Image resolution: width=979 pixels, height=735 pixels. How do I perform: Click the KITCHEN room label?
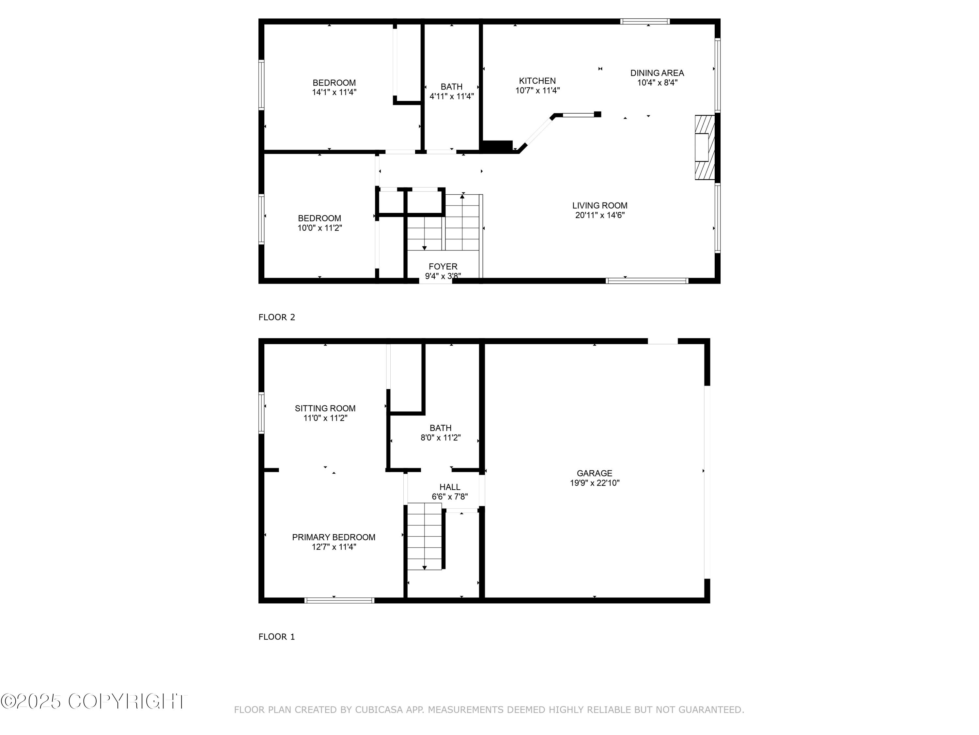(537, 81)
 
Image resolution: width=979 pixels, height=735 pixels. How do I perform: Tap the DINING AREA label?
(657, 73)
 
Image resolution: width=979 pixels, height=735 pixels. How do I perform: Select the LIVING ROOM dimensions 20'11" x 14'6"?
(600, 215)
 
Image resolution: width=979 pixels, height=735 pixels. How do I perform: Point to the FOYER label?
(443, 266)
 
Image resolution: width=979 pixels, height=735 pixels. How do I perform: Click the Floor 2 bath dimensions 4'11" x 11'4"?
(451, 96)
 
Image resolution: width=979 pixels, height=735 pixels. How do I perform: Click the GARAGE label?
(594, 473)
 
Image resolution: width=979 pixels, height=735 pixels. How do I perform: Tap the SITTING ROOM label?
(325, 408)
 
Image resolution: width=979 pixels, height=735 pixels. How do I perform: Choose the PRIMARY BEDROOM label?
(333, 537)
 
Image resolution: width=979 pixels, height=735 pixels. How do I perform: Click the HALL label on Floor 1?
(450, 487)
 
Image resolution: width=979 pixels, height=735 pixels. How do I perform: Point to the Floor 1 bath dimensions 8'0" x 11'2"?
(440, 438)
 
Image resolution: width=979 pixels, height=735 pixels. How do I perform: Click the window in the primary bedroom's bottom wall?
(339, 600)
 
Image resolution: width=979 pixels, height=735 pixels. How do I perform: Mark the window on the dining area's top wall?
(645, 21)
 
